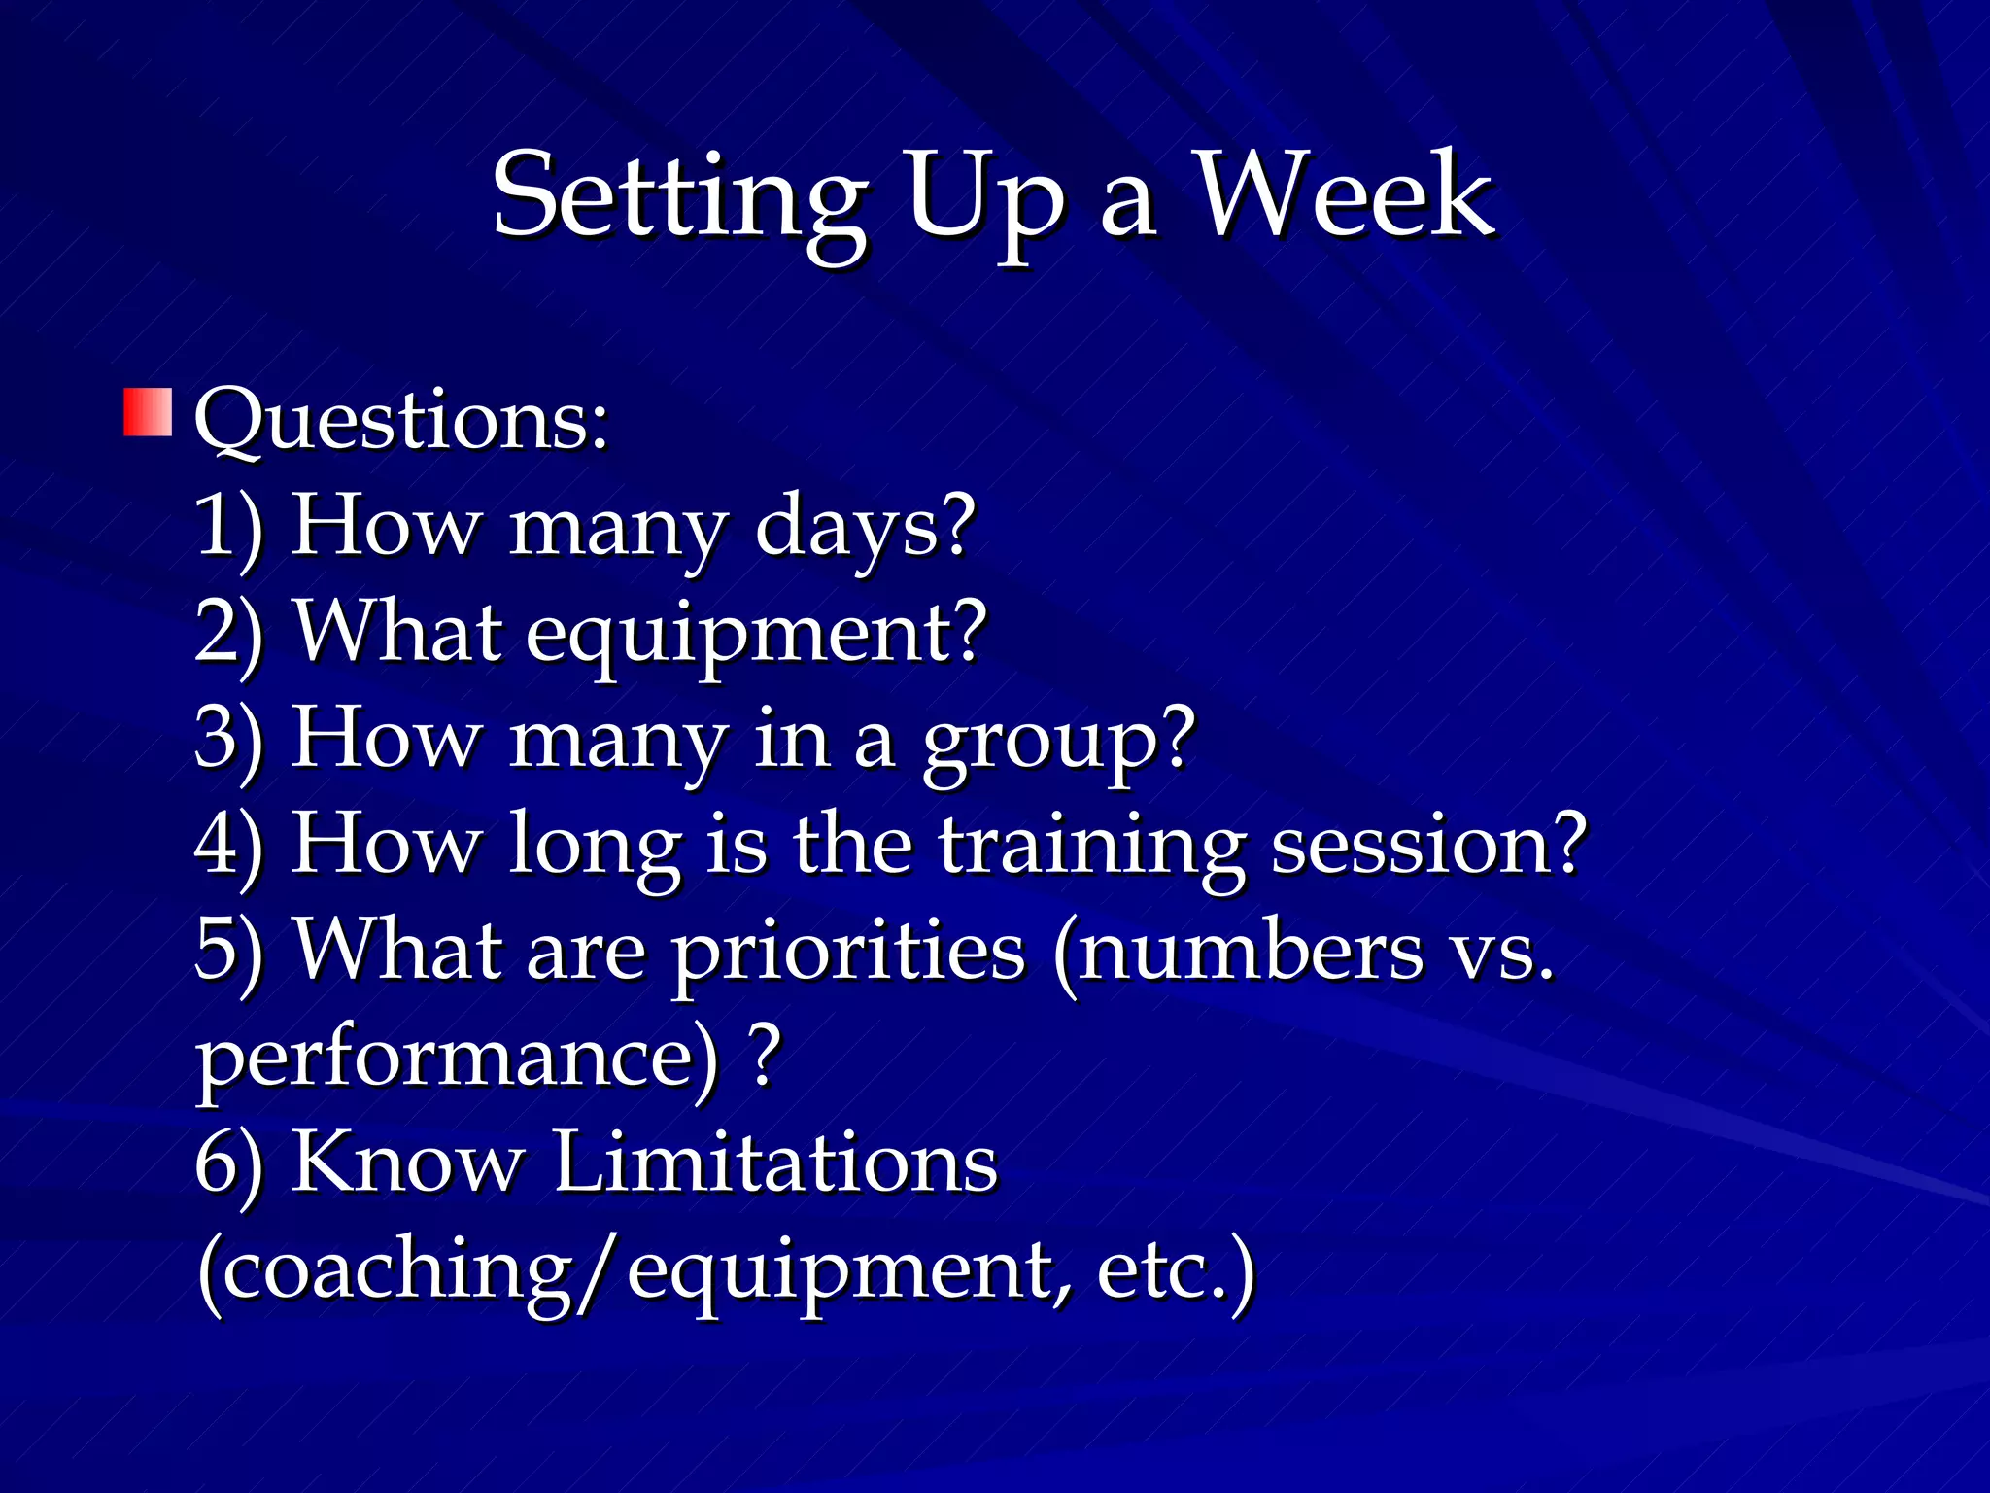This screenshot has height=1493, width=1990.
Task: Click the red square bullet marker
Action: tap(148, 413)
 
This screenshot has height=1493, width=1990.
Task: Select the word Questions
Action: tap(400, 420)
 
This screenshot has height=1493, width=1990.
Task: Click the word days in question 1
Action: tap(863, 527)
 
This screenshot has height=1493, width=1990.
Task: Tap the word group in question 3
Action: tap(1057, 741)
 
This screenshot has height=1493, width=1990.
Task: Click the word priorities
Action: tap(848, 953)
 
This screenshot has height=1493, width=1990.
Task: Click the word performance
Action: tap(457, 1059)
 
